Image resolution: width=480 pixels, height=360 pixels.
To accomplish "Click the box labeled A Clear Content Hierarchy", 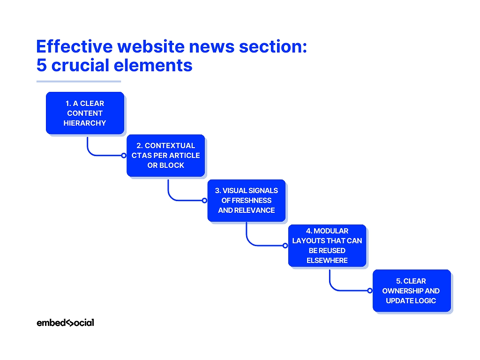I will click(x=85, y=113).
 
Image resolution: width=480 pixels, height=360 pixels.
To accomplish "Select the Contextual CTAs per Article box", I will click(x=165, y=156).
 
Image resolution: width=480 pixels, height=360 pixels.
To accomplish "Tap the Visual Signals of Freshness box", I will click(x=246, y=200).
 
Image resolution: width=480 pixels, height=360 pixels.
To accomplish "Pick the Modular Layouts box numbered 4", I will click(x=327, y=246).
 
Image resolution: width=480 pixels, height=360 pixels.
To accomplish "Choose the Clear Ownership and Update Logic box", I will click(x=411, y=291).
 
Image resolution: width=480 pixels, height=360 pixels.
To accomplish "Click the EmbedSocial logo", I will click(x=65, y=322).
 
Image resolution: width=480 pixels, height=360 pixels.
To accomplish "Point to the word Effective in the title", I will click(x=74, y=47).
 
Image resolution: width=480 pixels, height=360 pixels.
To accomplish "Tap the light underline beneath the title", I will click(x=79, y=82).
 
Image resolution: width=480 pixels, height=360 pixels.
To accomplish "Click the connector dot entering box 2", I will click(x=124, y=155).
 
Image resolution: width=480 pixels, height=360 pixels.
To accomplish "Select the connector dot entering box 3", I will click(x=204, y=200).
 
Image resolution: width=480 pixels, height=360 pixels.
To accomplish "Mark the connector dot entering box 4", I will click(x=285, y=246).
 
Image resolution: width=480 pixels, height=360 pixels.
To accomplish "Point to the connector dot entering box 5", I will click(x=370, y=291).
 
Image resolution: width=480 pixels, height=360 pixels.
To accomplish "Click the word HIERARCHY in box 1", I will click(x=85, y=123).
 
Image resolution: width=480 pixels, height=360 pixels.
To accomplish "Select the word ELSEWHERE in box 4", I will click(x=327, y=261).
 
